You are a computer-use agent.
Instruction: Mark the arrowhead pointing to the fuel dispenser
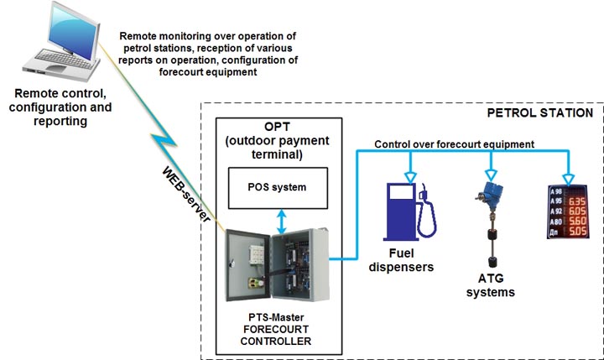point(410,175)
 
